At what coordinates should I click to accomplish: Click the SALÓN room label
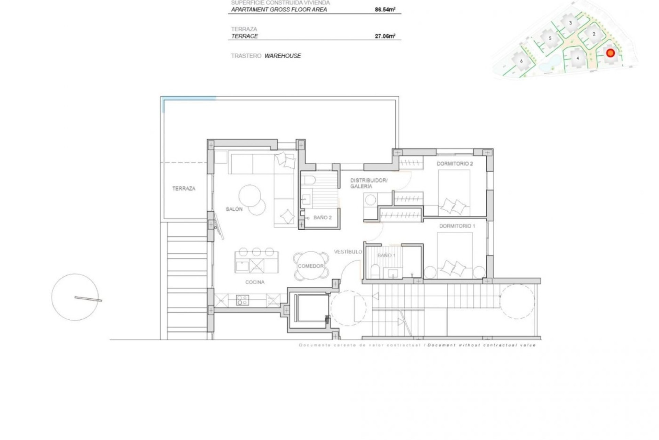(x=234, y=209)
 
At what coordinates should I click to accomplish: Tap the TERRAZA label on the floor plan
(x=184, y=188)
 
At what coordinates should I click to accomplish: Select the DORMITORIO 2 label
(x=455, y=164)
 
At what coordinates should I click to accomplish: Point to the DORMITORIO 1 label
(x=457, y=226)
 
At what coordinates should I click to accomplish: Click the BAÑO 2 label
(x=322, y=218)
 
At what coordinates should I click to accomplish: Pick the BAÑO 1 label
(x=386, y=255)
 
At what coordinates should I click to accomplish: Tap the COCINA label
(x=255, y=282)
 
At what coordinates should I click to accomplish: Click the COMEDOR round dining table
(x=311, y=266)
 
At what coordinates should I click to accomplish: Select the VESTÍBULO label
(x=348, y=252)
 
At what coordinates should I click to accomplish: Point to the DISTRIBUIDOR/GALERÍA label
(x=368, y=183)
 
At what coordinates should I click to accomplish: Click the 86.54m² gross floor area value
(x=385, y=10)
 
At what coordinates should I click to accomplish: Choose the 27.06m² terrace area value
(x=385, y=36)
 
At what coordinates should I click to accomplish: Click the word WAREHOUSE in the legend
(x=282, y=56)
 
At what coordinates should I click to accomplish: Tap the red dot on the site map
(x=610, y=53)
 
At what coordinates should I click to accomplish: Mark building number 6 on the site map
(x=521, y=61)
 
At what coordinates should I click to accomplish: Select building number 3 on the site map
(x=570, y=23)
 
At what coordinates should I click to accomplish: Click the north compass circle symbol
(x=75, y=297)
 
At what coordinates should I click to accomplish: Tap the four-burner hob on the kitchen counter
(x=242, y=300)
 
